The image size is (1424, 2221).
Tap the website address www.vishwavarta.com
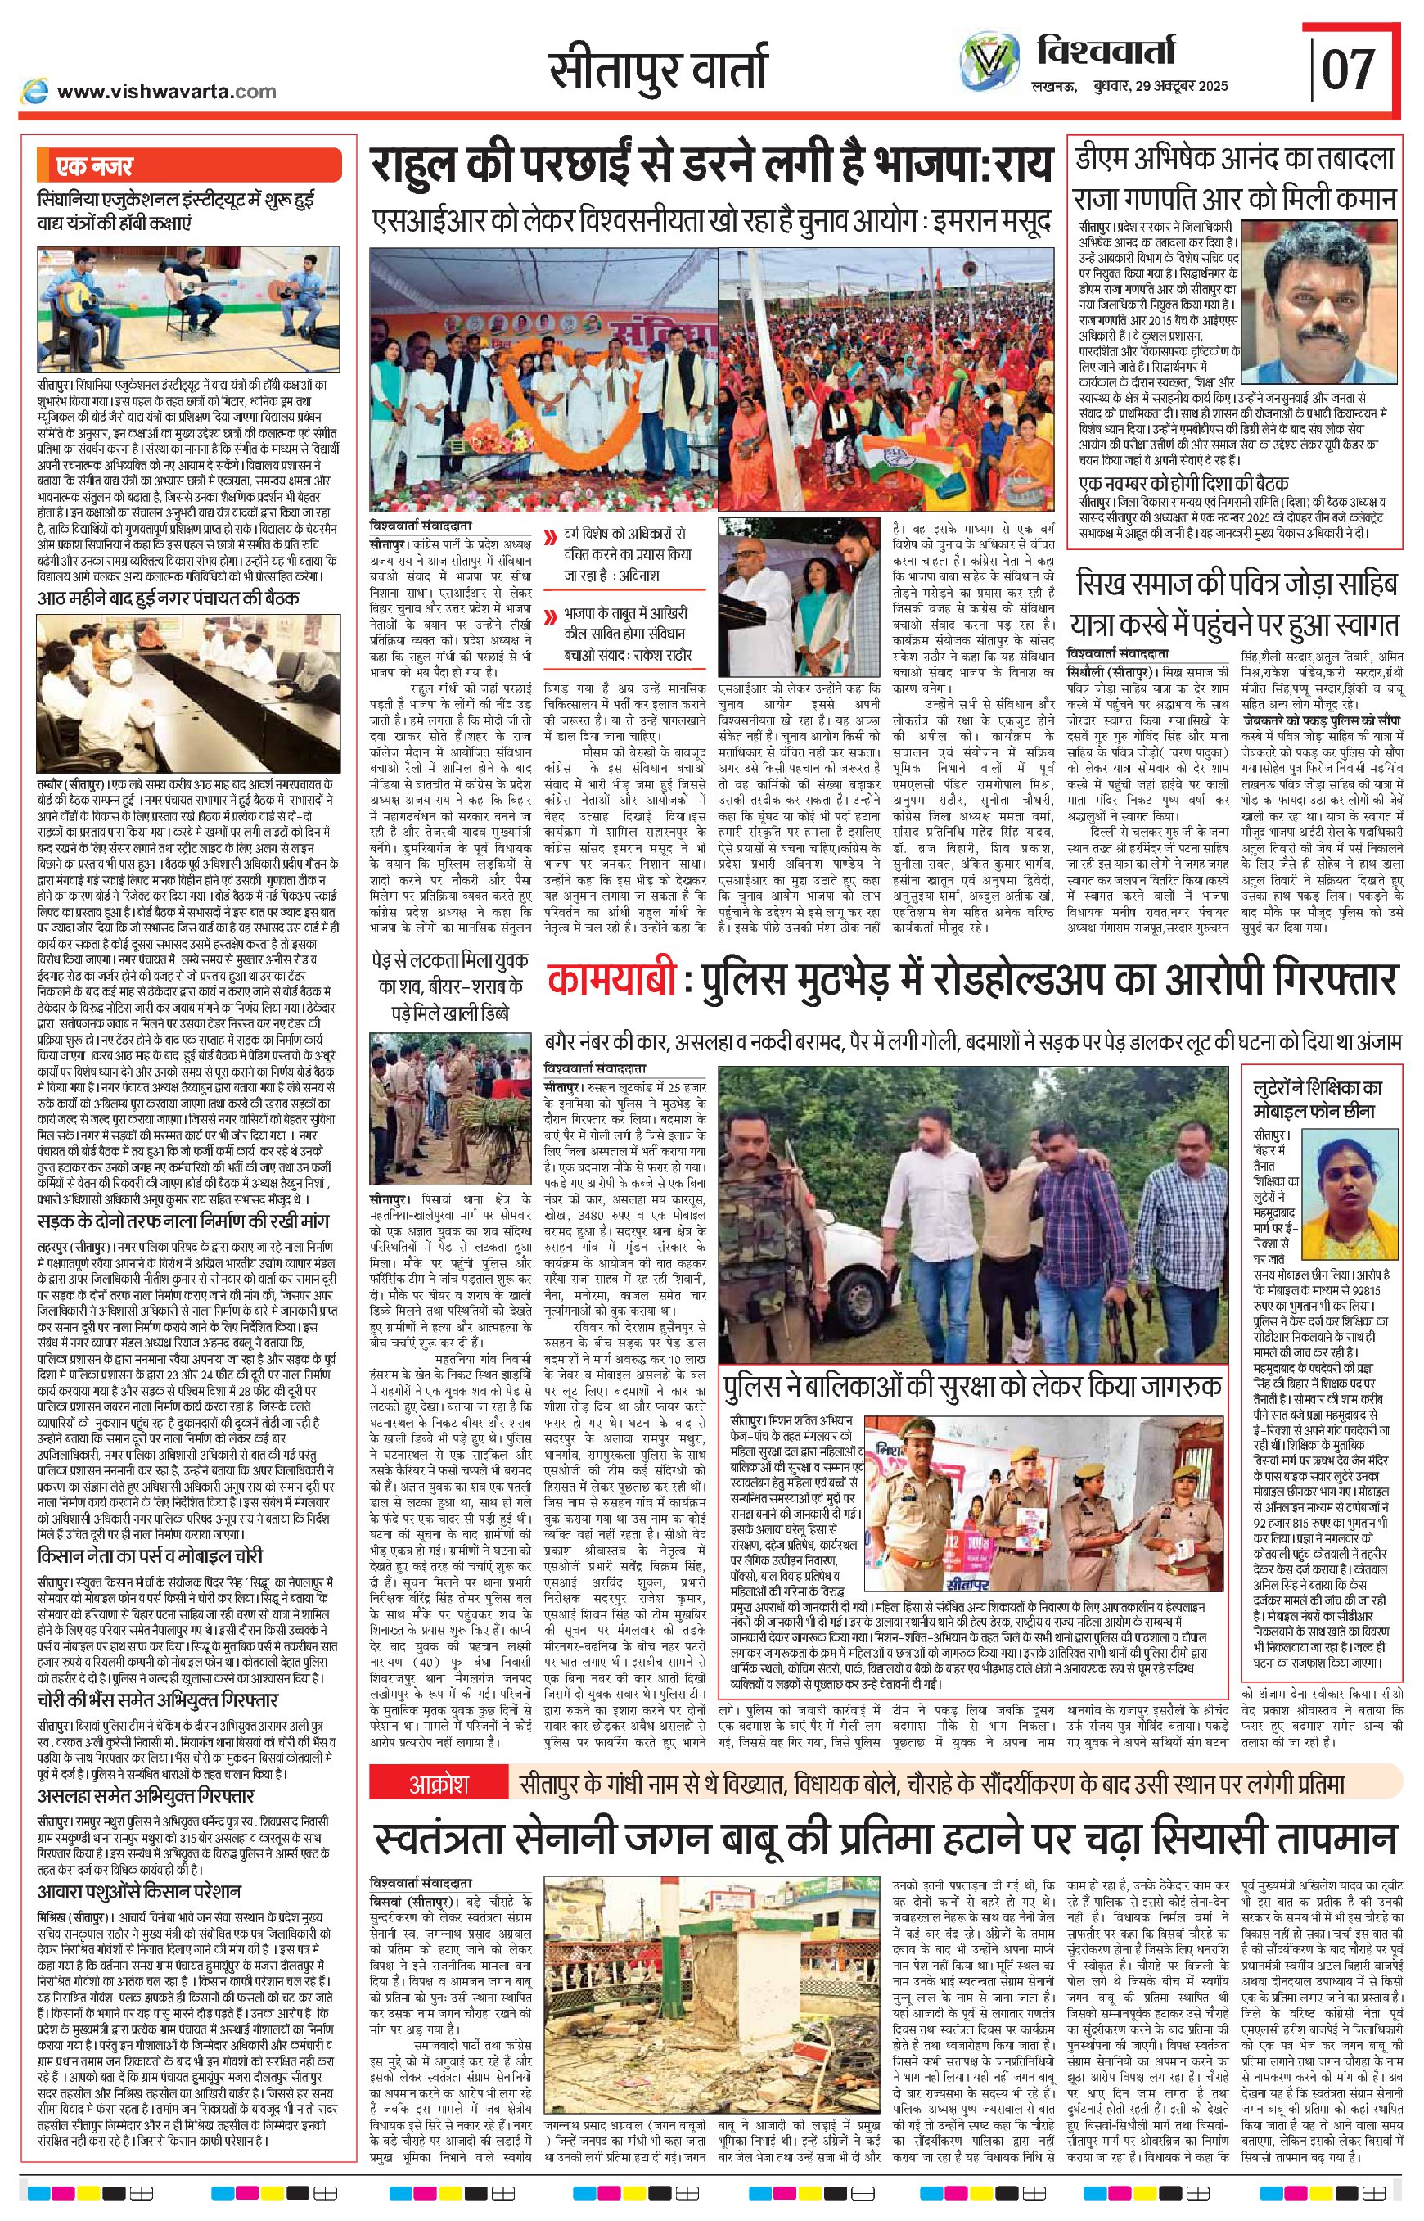tap(166, 91)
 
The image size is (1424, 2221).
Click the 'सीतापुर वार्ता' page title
tap(657, 70)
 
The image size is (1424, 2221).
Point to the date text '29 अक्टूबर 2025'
tap(1174, 86)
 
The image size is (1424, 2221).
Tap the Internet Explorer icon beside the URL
tap(35, 90)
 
